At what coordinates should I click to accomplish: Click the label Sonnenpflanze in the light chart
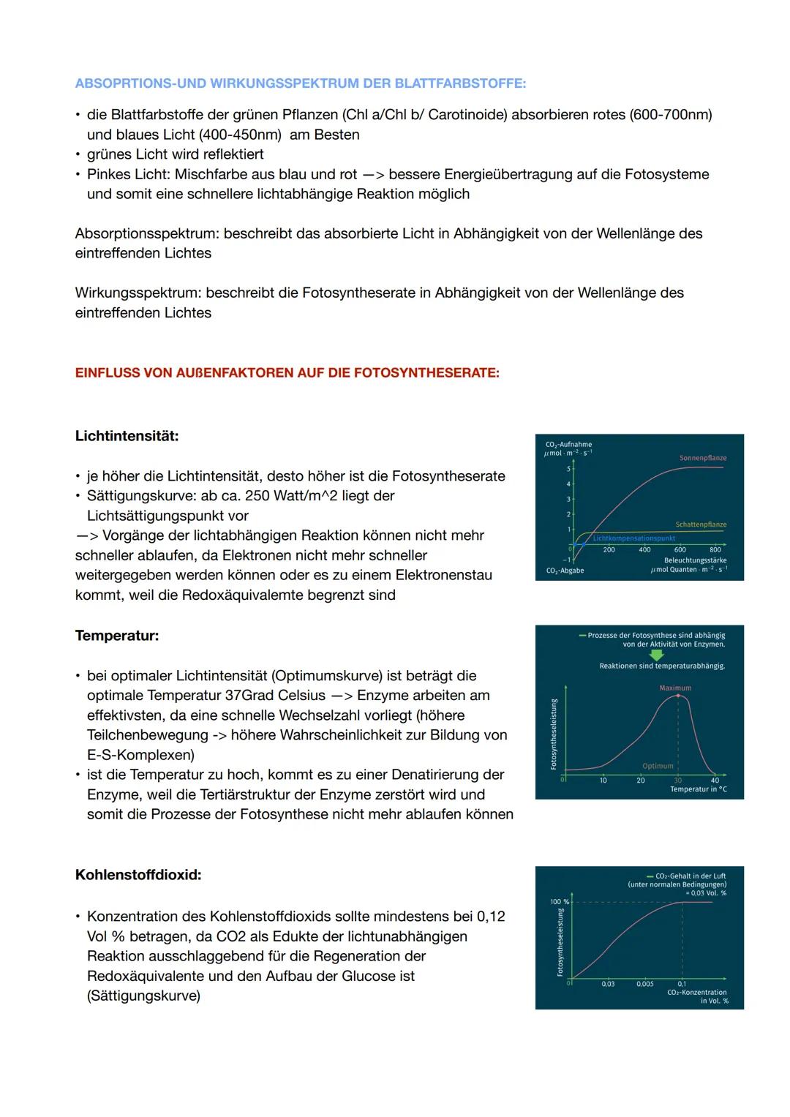coord(702,458)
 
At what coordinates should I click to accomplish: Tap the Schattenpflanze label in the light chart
coord(701,524)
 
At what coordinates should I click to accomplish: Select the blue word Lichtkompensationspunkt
coord(633,538)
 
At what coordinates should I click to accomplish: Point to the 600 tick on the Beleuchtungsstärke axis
coord(680,549)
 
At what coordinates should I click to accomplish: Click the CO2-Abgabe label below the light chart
coord(565,571)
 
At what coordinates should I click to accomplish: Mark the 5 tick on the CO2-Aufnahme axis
coord(568,469)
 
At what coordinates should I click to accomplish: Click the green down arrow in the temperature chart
coord(657,655)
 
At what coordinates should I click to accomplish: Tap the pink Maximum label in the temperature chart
coord(674,688)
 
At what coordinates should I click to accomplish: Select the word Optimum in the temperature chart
coord(658,766)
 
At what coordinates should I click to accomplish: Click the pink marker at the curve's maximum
coord(678,696)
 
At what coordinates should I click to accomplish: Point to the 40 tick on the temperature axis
coord(715,781)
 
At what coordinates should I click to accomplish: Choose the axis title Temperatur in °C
coord(698,789)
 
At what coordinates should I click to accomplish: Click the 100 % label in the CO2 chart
coord(559,902)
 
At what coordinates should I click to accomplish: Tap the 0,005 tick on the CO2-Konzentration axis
coord(644,984)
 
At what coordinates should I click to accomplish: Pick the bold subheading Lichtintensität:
coord(127,436)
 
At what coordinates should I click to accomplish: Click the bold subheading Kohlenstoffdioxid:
coord(138,875)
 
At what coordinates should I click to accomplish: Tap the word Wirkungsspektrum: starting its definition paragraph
coord(138,293)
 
